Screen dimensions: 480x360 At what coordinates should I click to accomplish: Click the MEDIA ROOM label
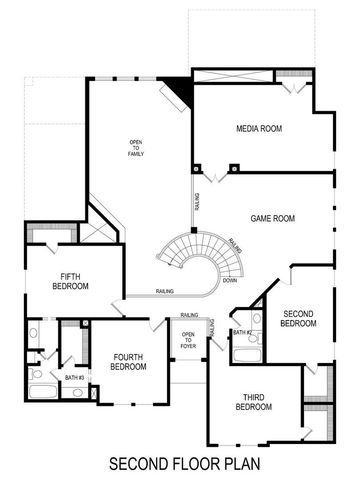256,130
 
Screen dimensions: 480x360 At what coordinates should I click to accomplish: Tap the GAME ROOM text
271,218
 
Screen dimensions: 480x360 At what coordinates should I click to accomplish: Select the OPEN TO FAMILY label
135,149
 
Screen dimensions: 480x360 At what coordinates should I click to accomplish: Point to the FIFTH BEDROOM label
70,281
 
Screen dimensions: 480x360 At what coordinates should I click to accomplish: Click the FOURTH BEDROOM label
129,362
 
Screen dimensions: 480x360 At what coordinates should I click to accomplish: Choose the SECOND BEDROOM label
298,318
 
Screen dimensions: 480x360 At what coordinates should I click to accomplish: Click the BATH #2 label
242,331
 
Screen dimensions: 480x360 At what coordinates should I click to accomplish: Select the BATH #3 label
74,378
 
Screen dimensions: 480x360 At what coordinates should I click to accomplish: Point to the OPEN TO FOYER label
187,341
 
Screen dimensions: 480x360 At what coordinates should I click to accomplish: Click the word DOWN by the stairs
230,281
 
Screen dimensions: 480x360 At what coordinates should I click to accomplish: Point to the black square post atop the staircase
194,230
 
